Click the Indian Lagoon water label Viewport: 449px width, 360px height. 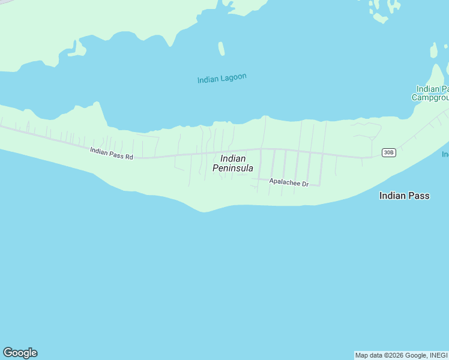click(x=222, y=78)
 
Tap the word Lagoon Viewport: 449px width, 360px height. click(x=233, y=77)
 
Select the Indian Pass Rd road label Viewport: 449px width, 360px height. click(x=111, y=153)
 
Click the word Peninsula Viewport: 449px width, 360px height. click(x=233, y=169)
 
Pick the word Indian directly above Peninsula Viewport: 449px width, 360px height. click(x=233, y=158)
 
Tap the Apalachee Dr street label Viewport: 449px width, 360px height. click(x=289, y=182)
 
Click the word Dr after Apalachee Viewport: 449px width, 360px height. click(x=304, y=184)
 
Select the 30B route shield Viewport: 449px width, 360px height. click(x=388, y=152)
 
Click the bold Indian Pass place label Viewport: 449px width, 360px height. click(x=404, y=196)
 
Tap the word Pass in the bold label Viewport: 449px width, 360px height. click(x=419, y=196)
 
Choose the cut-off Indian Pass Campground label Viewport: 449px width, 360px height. click(x=430, y=93)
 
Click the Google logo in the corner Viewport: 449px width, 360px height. click(x=20, y=353)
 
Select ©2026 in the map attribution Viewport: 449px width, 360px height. click(x=394, y=355)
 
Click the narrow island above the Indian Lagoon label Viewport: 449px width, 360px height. click(x=221, y=49)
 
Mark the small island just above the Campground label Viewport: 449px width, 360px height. click(x=434, y=50)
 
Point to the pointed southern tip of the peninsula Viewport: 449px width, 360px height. click(x=205, y=211)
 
